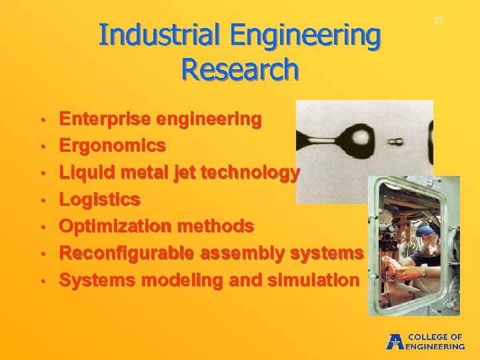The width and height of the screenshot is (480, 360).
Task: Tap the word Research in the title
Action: (x=239, y=69)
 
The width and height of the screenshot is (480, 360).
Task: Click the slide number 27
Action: (x=439, y=21)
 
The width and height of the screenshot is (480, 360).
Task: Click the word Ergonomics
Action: (x=113, y=145)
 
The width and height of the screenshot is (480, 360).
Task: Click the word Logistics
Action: (x=100, y=199)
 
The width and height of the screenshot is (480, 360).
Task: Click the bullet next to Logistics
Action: (x=41, y=200)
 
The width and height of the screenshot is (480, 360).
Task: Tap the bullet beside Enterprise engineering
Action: (x=41, y=120)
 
